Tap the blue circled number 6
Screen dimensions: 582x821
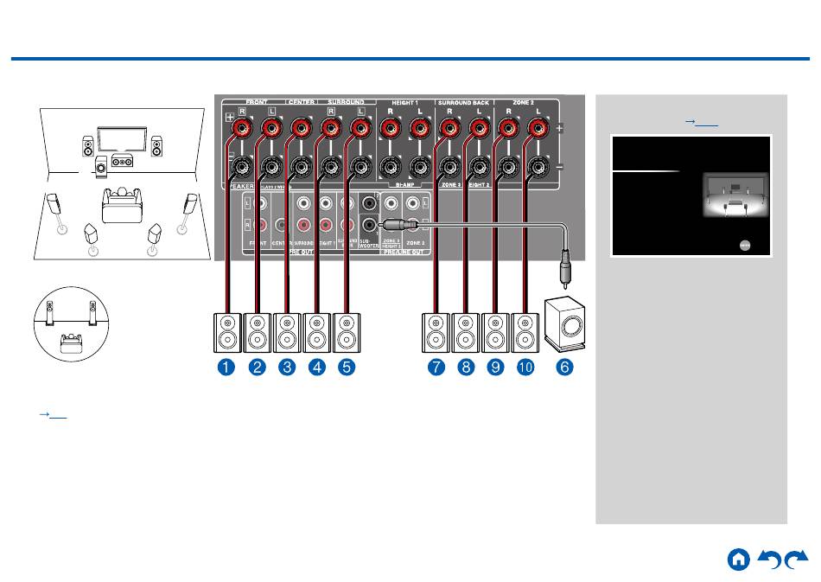click(x=563, y=367)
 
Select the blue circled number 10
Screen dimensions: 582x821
click(x=525, y=367)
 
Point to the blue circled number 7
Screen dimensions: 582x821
click(x=436, y=367)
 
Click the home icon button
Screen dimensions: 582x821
click(x=738, y=560)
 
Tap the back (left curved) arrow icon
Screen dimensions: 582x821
click(x=769, y=560)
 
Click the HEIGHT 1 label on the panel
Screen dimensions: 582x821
click(x=404, y=102)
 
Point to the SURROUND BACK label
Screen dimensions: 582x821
click(x=462, y=102)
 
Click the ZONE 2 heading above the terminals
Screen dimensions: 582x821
click(x=524, y=102)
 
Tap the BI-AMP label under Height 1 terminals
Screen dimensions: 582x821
click(x=404, y=184)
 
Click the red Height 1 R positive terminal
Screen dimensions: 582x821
click(x=389, y=130)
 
